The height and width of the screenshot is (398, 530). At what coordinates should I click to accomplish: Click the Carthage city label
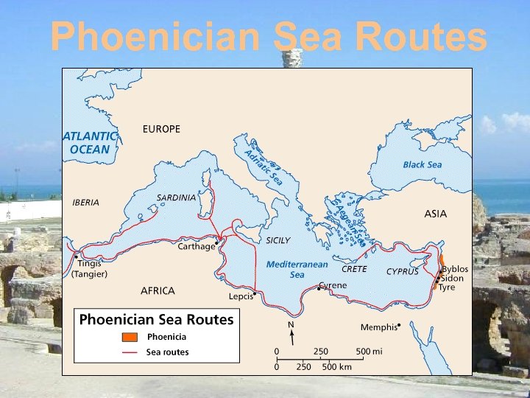click(x=196, y=247)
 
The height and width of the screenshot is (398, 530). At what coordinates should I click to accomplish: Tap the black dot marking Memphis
click(x=399, y=324)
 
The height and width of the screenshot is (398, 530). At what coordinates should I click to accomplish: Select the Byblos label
click(x=455, y=270)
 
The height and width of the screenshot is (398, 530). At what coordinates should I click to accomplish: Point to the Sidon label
click(x=452, y=279)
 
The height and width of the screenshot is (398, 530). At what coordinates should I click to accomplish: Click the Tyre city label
click(x=447, y=287)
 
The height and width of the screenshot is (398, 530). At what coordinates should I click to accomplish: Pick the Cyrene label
click(x=333, y=285)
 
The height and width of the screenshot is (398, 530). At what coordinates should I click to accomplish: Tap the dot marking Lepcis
click(x=254, y=293)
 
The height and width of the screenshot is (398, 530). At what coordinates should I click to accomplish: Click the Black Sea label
click(x=422, y=164)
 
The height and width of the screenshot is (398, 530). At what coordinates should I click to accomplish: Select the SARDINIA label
click(x=176, y=198)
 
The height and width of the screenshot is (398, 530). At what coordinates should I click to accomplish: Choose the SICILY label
click(x=278, y=240)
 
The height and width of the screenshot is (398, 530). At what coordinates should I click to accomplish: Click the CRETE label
click(x=354, y=269)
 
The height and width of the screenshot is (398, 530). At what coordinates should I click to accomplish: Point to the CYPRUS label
click(x=403, y=271)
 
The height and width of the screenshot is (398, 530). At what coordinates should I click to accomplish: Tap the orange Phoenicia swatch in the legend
click(x=130, y=337)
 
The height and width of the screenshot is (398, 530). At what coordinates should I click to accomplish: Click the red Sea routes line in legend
click(x=130, y=352)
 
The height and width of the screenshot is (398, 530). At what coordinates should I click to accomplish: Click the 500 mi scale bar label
click(x=367, y=352)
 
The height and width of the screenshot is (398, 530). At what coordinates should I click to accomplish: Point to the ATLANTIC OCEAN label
click(x=88, y=143)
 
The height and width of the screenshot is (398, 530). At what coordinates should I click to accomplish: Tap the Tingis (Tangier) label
click(x=88, y=268)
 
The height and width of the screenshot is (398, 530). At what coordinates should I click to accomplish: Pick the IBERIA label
click(x=85, y=202)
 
